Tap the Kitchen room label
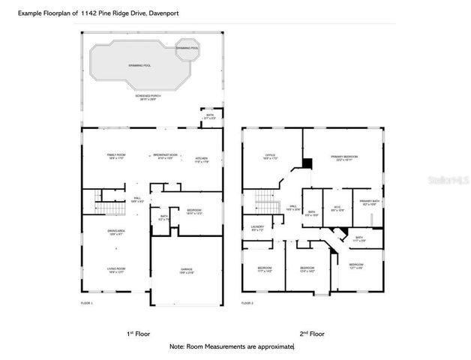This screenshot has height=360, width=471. tap(201, 157)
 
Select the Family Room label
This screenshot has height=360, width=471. tap(116, 156)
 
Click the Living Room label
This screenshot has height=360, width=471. tap(116, 270)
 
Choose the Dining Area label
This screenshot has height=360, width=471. tap(116, 233)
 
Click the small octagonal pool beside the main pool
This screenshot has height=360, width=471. tap(187, 49)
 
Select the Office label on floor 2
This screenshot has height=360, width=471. tap(271, 157)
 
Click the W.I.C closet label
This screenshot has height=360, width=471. tap(337, 209)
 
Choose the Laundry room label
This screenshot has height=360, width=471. tap(258, 228)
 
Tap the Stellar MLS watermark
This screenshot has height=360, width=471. tap(447, 181)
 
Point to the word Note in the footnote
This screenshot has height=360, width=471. tap(177, 346)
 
